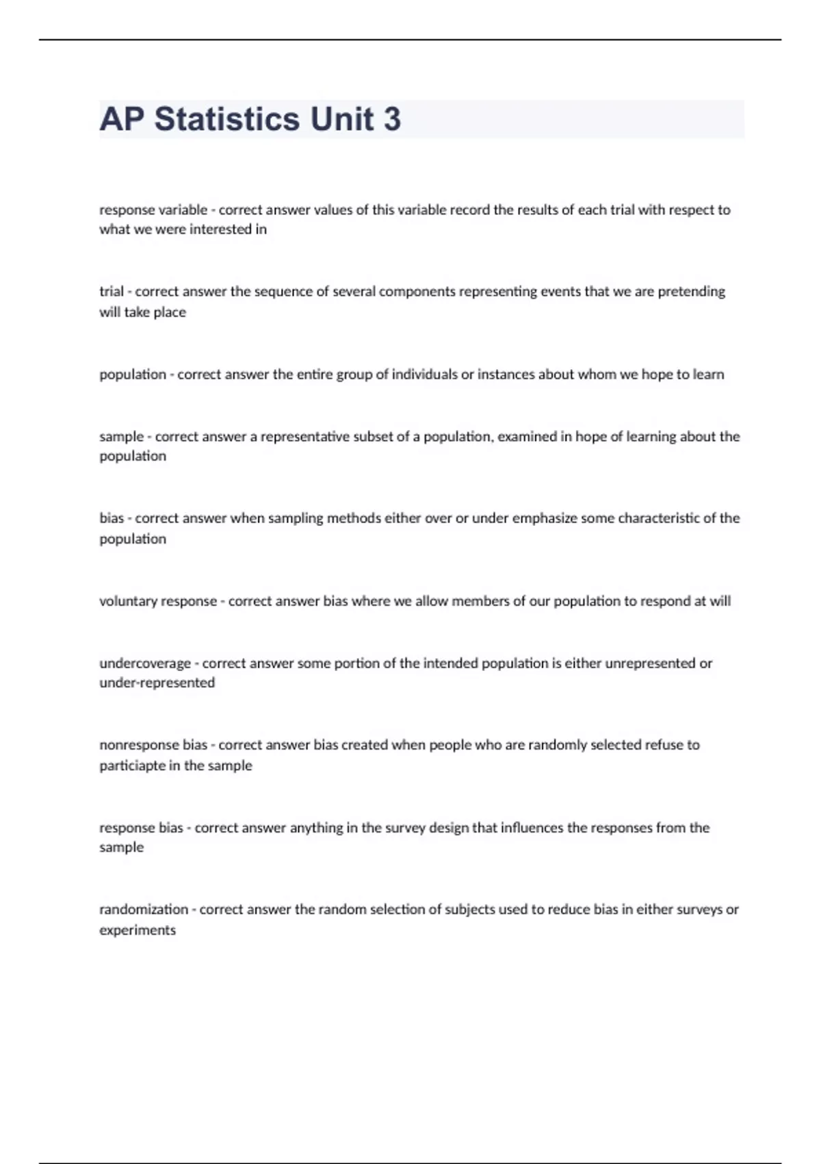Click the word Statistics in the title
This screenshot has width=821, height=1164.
[x=227, y=120]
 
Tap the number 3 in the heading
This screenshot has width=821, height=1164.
[x=392, y=120]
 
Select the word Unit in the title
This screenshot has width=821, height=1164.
[x=341, y=120]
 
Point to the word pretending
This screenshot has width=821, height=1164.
[x=691, y=292]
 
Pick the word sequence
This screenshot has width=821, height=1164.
[x=283, y=292]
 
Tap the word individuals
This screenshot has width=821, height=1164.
[x=424, y=375]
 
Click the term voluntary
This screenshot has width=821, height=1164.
[x=127, y=601]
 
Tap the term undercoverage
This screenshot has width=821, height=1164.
[x=144, y=663]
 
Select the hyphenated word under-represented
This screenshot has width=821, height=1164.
[x=157, y=683]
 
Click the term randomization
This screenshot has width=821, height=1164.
[x=144, y=910]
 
